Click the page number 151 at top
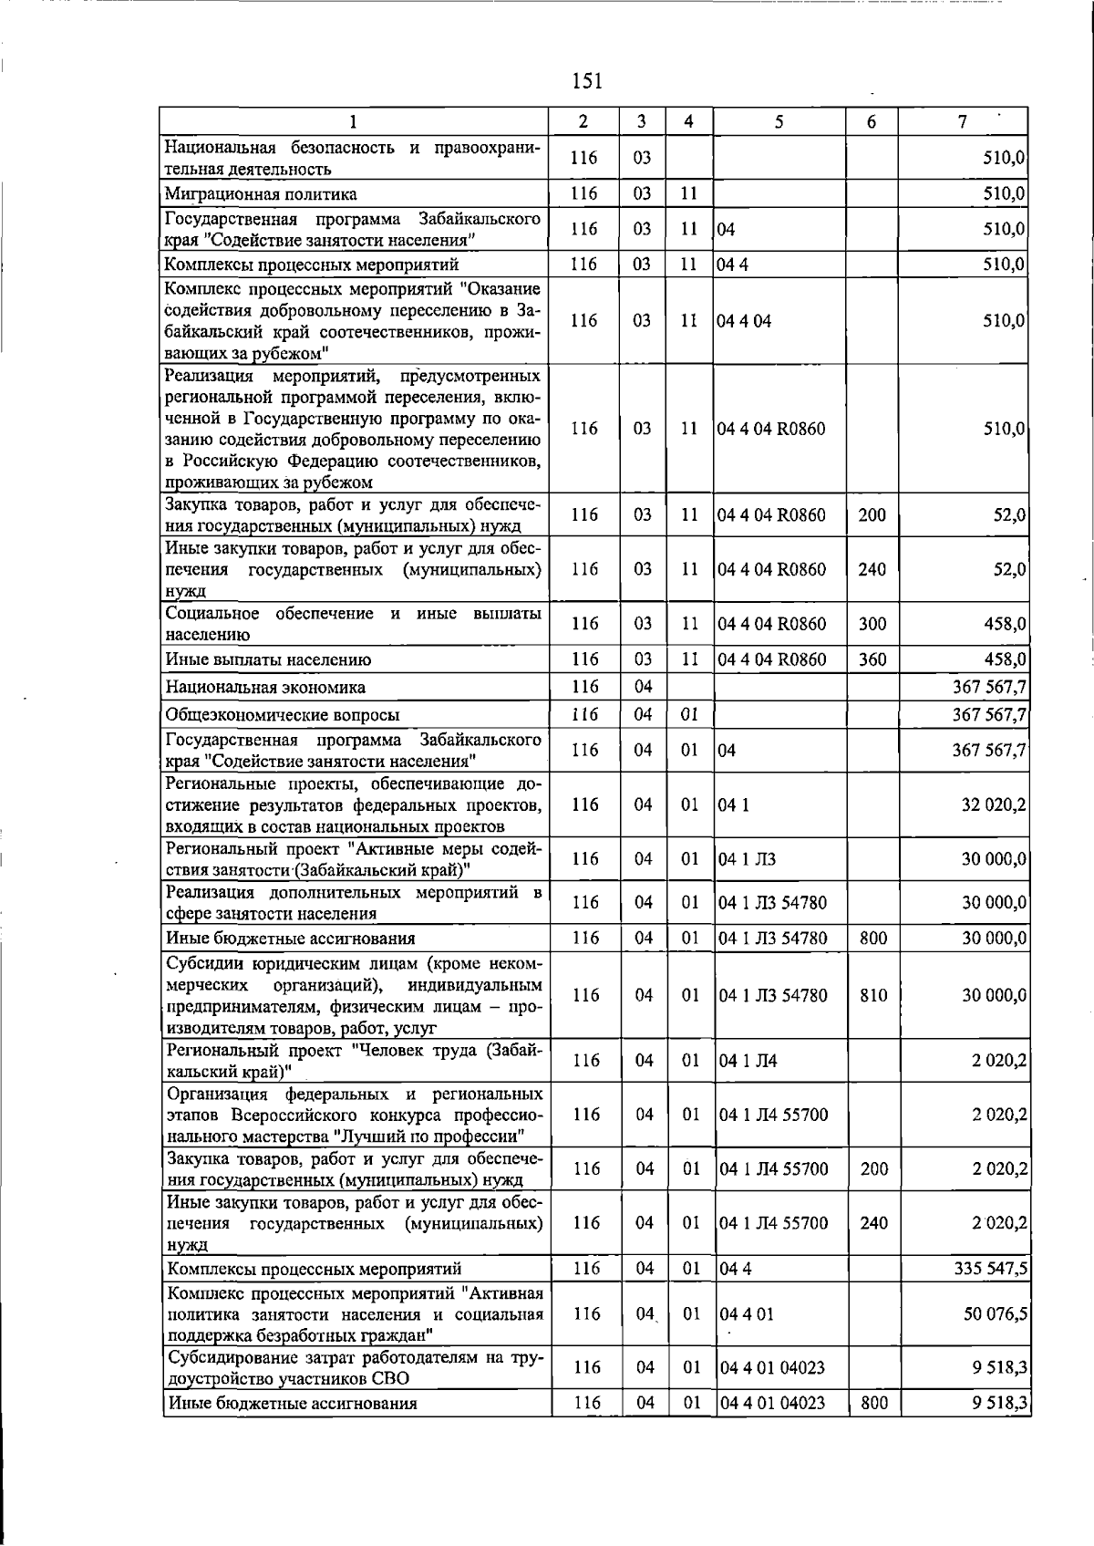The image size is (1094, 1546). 586,82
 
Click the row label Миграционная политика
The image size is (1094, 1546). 261,194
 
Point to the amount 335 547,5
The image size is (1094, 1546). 990,1269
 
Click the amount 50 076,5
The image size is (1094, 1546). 996,1313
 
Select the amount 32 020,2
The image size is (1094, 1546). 994,804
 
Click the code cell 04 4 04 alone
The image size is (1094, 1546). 745,321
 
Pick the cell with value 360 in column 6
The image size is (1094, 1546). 872,659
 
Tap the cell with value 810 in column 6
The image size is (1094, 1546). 873,995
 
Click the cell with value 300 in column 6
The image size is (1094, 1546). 872,624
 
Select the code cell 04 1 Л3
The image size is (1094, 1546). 748,859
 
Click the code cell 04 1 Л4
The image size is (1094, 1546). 748,1061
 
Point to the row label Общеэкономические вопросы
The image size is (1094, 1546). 282,715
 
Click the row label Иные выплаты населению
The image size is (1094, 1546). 268,659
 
